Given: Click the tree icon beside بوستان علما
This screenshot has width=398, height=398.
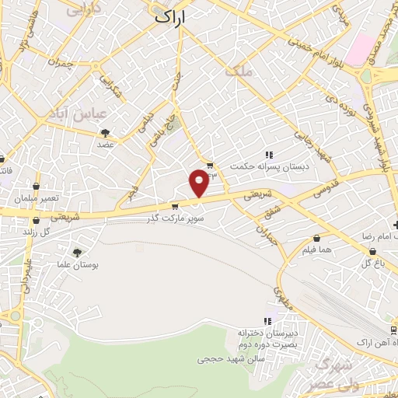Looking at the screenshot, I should pyautogui.click(x=76, y=253).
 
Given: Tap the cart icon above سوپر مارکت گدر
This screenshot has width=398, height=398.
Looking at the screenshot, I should pyautogui.click(x=176, y=207).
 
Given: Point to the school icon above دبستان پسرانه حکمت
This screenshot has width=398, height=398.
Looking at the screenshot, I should pyautogui.click(x=269, y=154).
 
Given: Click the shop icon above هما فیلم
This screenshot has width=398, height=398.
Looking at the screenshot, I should pyautogui.click(x=316, y=238).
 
